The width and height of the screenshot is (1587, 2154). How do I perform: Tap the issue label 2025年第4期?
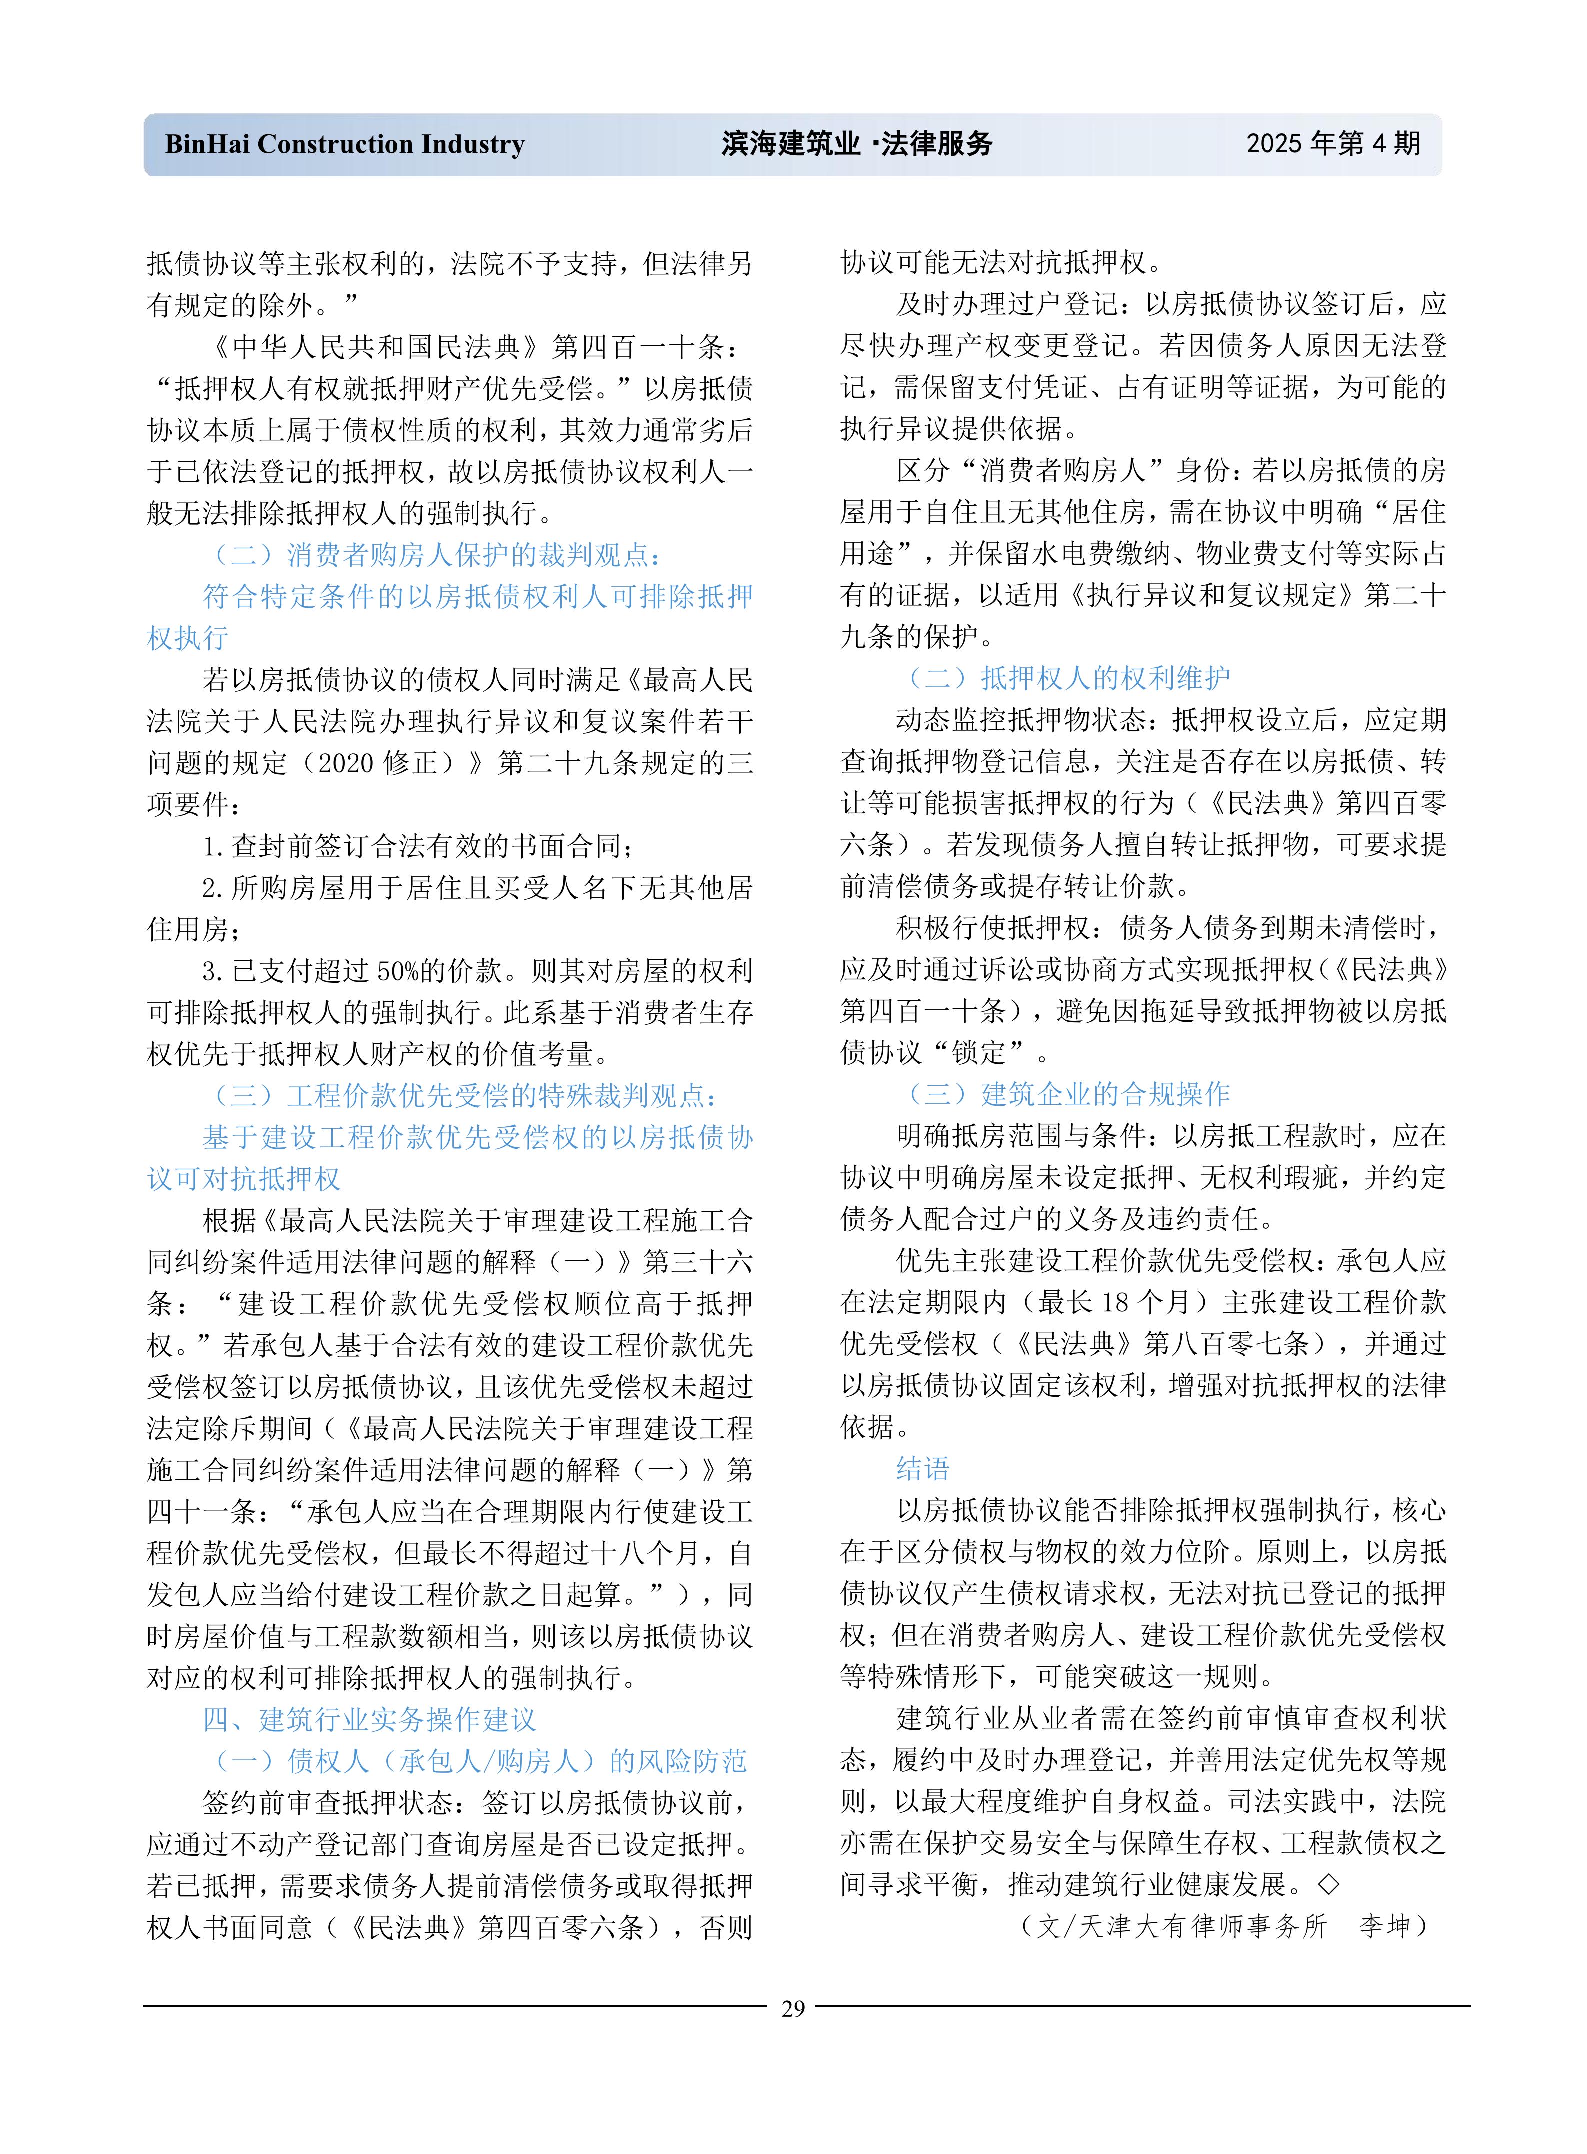tap(1333, 144)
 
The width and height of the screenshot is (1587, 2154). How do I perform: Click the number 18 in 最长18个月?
tap(1114, 1302)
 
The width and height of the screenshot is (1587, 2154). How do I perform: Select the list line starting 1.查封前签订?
tap(418, 846)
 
